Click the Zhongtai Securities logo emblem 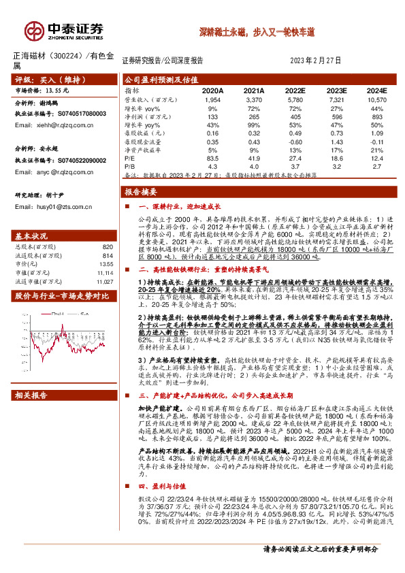click(x=34, y=29)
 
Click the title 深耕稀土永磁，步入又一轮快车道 click(x=248, y=32)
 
